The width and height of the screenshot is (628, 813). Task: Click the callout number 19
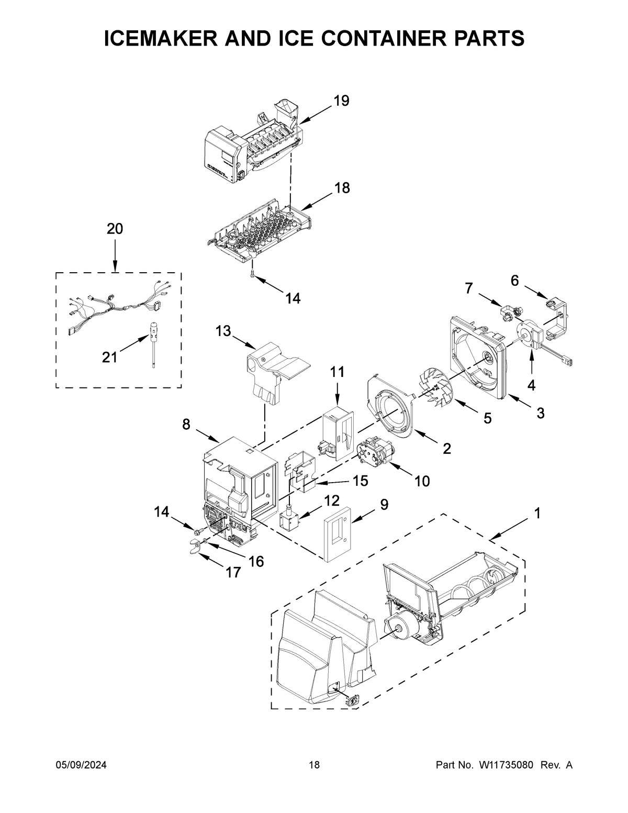341,101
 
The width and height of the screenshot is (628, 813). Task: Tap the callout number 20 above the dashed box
115,229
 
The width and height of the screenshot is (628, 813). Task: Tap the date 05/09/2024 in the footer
81,765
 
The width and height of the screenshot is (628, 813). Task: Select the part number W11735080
506,765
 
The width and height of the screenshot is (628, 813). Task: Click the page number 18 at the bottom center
314,765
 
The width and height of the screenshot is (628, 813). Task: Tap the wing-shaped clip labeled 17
196,548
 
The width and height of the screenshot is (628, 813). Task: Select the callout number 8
186,425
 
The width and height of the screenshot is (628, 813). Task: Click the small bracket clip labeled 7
508,313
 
